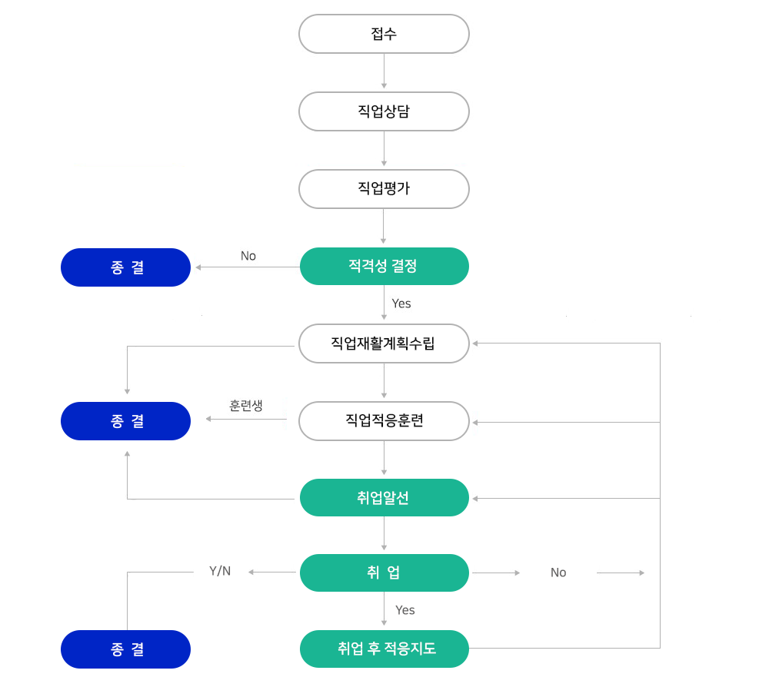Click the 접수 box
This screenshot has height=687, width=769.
click(x=384, y=34)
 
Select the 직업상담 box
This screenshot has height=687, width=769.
click(x=384, y=111)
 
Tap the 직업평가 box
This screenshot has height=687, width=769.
click(x=384, y=188)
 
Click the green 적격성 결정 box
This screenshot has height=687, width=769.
click(x=384, y=266)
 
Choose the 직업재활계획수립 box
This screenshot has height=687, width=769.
click(x=384, y=343)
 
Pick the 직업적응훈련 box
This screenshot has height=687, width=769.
click(x=384, y=421)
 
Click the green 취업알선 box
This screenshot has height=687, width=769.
click(x=384, y=497)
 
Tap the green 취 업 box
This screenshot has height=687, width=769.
click(x=384, y=572)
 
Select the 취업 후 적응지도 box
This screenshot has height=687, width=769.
click(x=384, y=649)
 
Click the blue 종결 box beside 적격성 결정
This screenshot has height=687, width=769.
click(x=125, y=267)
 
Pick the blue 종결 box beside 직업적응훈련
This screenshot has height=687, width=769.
click(x=125, y=421)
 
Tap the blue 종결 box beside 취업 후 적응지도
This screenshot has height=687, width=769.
click(x=125, y=649)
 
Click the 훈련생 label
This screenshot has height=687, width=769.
click(x=246, y=405)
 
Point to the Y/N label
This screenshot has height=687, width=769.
click(x=220, y=571)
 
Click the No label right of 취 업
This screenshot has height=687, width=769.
click(x=558, y=572)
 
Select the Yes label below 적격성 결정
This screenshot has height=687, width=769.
click(x=401, y=304)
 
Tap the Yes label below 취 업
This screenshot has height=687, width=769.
click(x=405, y=610)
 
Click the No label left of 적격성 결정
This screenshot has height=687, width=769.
click(x=248, y=256)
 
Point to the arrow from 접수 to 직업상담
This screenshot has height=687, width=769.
click(x=384, y=71)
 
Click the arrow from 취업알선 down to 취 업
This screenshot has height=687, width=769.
click(x=384, y=533)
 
